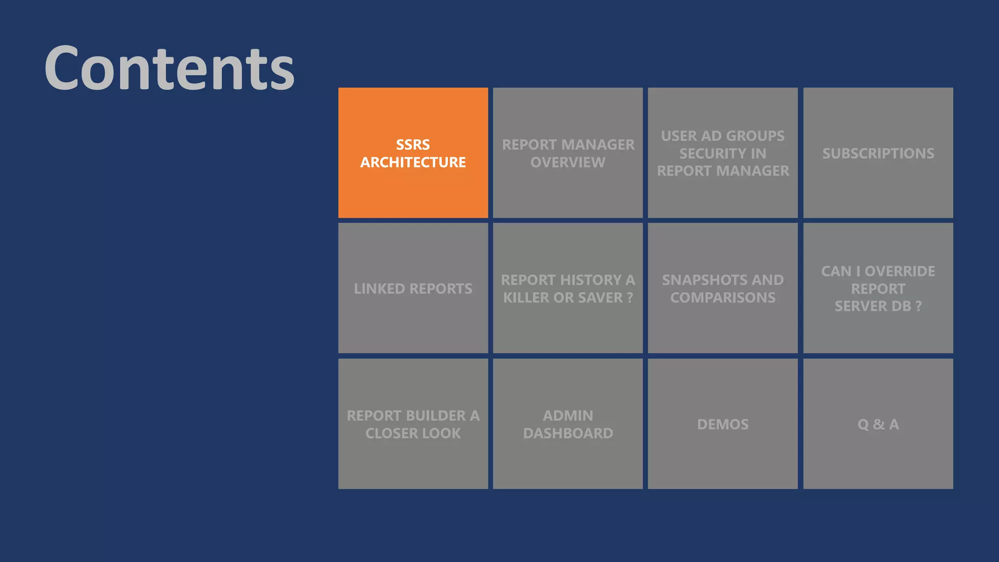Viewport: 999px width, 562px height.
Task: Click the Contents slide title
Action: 169,68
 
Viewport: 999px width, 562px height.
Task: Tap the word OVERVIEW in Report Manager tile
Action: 568,162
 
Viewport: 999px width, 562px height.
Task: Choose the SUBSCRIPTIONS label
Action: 878,154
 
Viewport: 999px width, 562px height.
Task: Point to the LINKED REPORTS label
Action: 413,289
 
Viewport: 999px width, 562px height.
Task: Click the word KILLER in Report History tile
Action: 526,298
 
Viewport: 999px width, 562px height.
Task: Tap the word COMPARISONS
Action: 722,298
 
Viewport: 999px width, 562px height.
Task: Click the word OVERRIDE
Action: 899,271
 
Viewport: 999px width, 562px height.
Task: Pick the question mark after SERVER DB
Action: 918,306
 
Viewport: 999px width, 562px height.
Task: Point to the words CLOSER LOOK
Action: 413,433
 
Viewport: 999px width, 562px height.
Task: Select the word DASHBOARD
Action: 568,433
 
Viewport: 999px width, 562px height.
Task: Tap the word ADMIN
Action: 568,416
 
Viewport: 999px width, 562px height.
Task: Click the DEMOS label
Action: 722,424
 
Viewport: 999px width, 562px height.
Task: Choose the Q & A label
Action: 878,424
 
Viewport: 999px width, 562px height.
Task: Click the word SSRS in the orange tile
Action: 413,145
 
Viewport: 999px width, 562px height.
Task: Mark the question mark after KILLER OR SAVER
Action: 630,298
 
